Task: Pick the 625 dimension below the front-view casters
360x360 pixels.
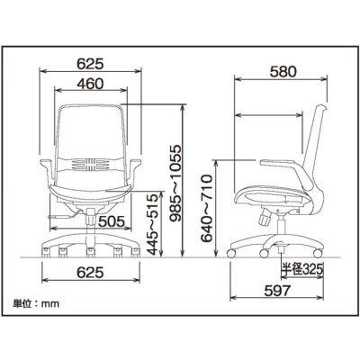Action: tap(90, 271)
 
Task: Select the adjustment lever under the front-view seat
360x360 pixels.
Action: tap(60, 217)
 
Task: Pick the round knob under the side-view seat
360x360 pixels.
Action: tap(265, 217)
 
